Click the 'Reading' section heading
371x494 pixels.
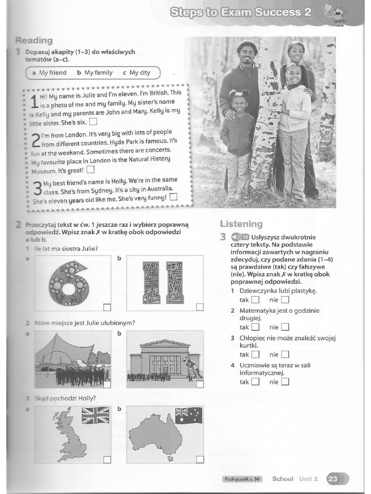pos(34,41)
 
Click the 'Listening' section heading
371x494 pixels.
pos(241,224)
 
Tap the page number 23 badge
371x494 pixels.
pos(333,479)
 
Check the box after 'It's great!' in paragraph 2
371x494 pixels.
pos(90,169)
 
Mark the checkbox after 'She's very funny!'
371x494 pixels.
pos(173,197)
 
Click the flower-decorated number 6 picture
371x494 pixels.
pos(69,283)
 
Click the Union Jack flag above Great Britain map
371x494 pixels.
pos(96,415)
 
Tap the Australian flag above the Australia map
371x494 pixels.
pos(188,415)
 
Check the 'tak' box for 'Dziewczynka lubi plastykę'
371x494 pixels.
pos(255,300)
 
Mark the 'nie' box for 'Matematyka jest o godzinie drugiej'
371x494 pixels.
pos(285,327)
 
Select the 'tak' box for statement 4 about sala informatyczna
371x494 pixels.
pos(255,382)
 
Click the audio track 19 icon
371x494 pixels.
pos(240,237)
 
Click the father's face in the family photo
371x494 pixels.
pos(246,52)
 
